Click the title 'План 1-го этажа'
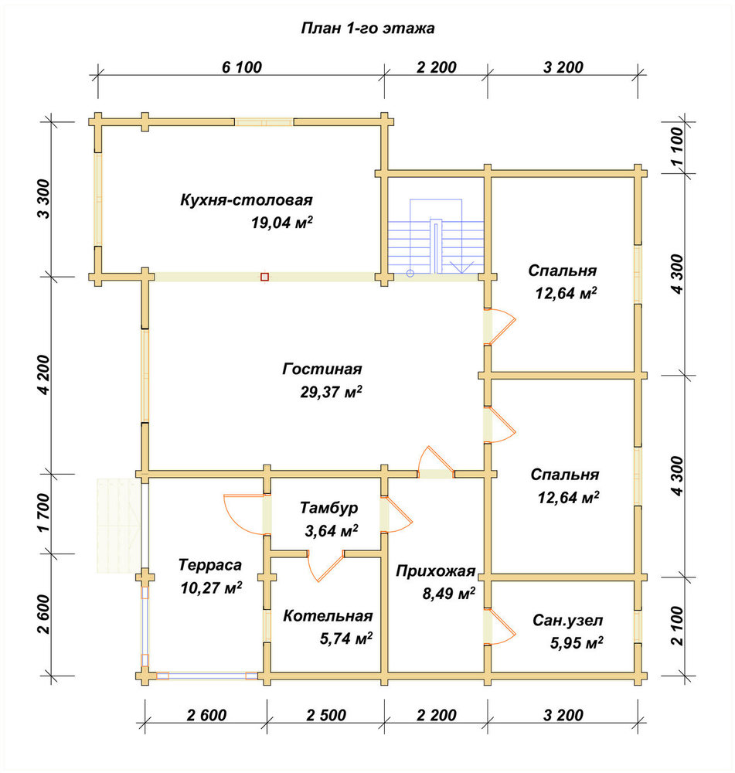(x=367, y=28)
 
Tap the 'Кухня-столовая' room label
(x=247, y=200)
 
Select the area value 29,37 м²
(x=331, y=392)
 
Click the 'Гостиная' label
(x=322, y=369)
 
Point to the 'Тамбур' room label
(x=328, y=508)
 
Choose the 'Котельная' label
(x=328, y=616)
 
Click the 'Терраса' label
(x=210, y=564)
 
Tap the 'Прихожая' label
(x=436, y=571)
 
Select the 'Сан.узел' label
(x=568, y=620)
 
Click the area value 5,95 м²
(x=577, y=643)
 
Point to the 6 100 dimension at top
(x=242, y=67)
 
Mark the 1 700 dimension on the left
(x=43, y=513)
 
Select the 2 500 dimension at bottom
(x=326, y=715)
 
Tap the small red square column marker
(x=265, y=277)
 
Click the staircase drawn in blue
(x=436, y=237)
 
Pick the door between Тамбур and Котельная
(x=325, y=566)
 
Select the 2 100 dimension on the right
(x=678, y=626)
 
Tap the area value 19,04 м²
(x=282, y=223)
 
